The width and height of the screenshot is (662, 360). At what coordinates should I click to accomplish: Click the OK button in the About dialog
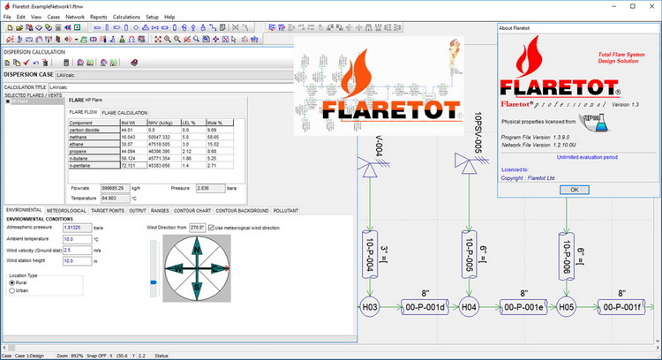(x=574, y=189)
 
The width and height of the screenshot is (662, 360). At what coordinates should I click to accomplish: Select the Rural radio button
(x=11, y=282)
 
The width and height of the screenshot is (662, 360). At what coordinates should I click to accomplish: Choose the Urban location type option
(x=11, y=289)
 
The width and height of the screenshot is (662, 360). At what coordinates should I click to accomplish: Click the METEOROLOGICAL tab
(x=67, y=211)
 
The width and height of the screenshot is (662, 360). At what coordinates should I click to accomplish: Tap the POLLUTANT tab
(x=284, y=211)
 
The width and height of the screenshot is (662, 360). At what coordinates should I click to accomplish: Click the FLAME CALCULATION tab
(x=124, y=113)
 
